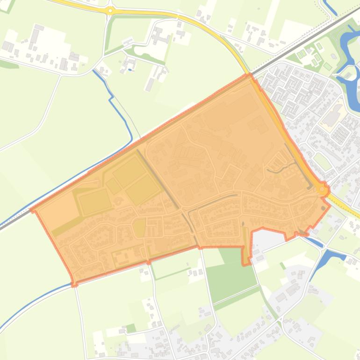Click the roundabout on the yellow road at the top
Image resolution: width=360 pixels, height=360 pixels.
(110, 10)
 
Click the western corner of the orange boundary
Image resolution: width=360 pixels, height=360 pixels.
(33, 209)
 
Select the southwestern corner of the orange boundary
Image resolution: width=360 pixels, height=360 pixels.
(74, 283)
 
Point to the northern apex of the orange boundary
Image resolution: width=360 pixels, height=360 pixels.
(249, 75)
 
